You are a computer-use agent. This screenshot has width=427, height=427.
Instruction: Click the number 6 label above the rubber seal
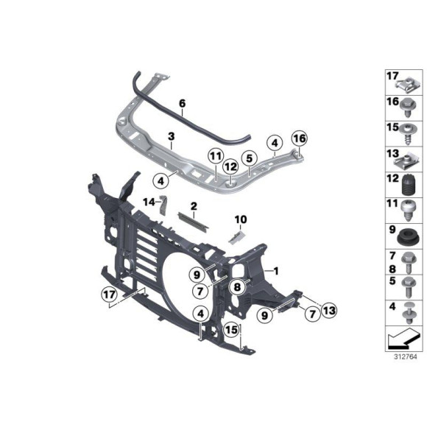click(182, 105)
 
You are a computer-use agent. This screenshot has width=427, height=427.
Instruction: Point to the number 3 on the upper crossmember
click(170, 137)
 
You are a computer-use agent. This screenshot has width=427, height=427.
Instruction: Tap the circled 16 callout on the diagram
click(298, 138)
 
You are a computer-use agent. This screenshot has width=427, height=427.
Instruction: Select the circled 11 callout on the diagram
click(214, 156)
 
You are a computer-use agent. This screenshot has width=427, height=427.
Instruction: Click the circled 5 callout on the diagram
click(250, 157)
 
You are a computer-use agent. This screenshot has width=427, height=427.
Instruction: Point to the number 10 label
click(240, 219)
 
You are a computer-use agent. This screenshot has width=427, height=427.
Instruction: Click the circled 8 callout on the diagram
click(238, 288)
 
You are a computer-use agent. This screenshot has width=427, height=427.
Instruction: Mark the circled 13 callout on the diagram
click(328, 312)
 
